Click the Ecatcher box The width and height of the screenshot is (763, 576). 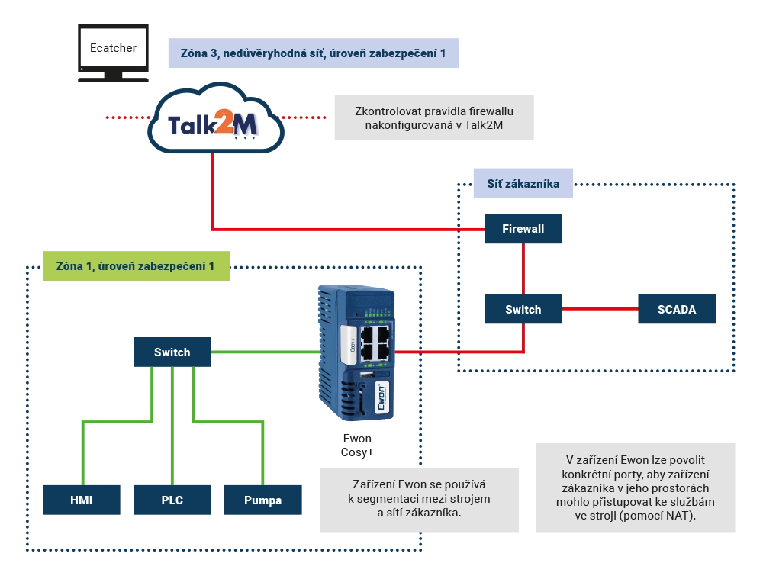point(113,48)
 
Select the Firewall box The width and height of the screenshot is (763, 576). point(523,228)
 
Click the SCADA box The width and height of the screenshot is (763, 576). point(677,309)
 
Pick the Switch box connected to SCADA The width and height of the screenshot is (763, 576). point(523,309)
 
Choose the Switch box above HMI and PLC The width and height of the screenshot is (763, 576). point(172,352)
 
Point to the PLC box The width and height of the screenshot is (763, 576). point(172,500)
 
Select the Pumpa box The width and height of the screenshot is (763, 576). point(262,500)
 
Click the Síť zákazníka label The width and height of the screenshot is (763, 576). point(523,184)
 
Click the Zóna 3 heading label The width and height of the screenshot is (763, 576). point(314,54)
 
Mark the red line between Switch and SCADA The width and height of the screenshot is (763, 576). point(600,308)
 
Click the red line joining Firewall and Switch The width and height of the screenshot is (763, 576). point(523,269)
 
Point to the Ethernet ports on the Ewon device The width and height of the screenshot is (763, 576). point(375,344)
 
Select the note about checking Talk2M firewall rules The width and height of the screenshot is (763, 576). point(433,117)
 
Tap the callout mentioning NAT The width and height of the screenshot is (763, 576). point(634,488)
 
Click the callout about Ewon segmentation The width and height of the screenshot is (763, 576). point(421,500)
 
